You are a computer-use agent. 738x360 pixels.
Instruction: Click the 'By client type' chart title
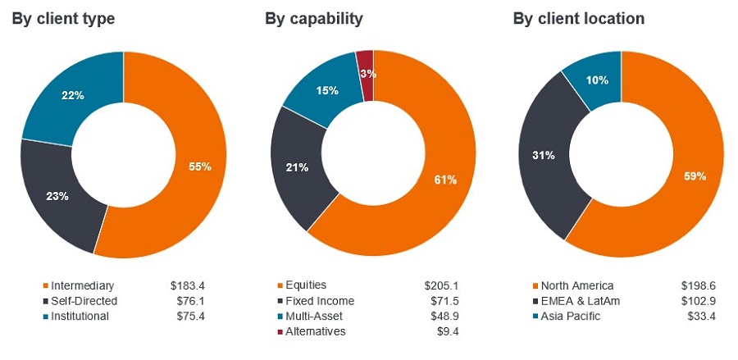[63, 18]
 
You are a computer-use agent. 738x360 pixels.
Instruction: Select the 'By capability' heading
[313, 18]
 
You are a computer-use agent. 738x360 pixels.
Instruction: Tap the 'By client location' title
[579, 18]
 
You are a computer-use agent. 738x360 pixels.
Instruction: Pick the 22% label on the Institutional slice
[73, 95]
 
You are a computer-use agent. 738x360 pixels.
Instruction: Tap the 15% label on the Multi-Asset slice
[327, 91]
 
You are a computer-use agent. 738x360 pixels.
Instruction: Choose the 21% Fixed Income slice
[300, 167]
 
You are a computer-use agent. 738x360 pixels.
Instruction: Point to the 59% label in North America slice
[694, 175]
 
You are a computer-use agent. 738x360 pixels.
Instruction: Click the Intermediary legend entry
[80, 285]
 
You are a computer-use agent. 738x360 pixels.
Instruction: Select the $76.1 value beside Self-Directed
[187, 301]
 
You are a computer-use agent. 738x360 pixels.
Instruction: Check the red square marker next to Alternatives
[280, 331]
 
